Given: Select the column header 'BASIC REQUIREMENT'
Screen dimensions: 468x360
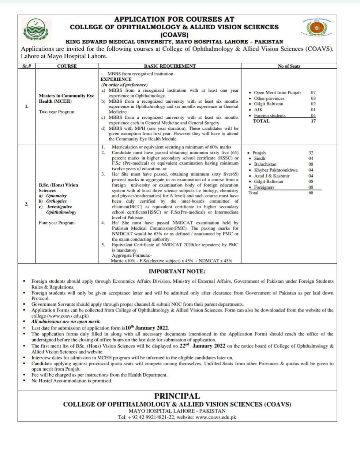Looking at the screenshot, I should tap(170, 66).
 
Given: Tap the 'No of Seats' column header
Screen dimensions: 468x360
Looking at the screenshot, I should tap(289, 66).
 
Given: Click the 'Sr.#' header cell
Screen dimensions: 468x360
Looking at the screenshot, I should tap(26, 66).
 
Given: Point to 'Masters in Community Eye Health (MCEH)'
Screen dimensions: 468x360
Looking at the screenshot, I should tap(66, 98).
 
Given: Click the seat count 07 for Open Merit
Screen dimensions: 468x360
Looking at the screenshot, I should tap(313, 93).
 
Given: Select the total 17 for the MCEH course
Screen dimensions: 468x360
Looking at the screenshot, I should tap(313, 121).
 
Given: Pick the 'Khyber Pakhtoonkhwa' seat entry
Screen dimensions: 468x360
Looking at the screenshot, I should tap(275, 170).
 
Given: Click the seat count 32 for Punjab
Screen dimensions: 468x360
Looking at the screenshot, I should tap(311, 153).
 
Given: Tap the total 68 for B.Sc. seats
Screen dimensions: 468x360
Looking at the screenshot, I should tap(311, 193).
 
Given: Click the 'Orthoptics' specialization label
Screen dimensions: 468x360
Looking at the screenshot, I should tap(56, 201).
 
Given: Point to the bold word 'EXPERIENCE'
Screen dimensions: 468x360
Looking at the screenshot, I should tap(116, 79).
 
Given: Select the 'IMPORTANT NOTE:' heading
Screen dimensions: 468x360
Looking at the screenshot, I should tap(177, 271).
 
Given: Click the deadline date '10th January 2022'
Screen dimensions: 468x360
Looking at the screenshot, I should tap(147, 328).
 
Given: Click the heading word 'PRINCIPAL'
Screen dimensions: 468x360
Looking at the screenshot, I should tap(177, 396).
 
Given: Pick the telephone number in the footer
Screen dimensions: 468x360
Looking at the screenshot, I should tap(150, 417).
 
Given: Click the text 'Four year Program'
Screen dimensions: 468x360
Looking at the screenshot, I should tap(57, 223).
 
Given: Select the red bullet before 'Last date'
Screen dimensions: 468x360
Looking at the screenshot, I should tap(24, 328).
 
